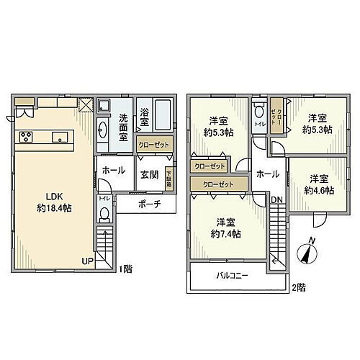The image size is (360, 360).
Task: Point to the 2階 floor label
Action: point(299,287)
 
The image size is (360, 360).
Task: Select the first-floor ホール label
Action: point(113,171)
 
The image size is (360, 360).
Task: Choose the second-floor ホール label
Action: point(266,174)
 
